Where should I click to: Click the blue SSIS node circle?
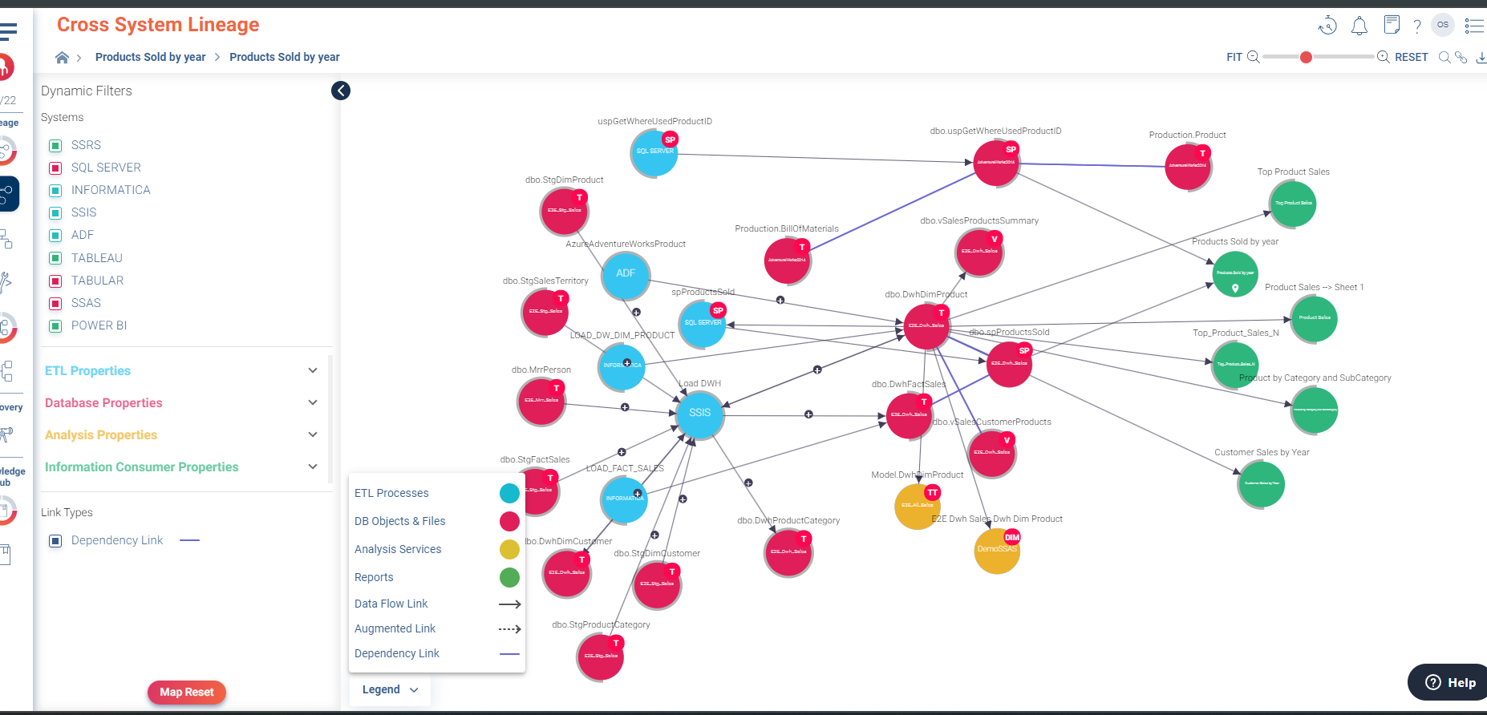699,414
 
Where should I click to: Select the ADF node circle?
626,274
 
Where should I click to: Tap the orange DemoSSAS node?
996,550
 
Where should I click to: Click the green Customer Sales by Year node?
1261,484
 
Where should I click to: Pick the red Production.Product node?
1187,166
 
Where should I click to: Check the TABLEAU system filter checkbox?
55,258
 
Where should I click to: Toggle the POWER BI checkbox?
55,325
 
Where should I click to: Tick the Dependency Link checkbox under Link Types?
55,540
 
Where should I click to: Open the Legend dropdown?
390,689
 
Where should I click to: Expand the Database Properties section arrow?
313,402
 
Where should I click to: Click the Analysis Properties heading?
101,434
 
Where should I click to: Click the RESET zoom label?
1411,57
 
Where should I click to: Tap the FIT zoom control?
1234,57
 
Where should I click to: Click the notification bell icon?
1359,26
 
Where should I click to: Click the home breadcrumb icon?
62,57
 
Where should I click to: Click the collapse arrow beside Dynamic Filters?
341,91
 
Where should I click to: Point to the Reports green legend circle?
509,577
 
